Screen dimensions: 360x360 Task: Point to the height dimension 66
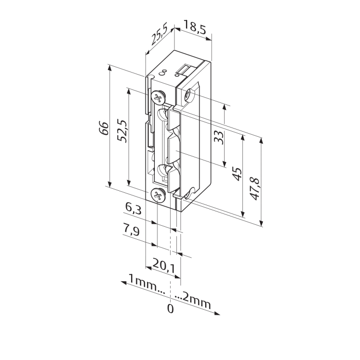point(103,127)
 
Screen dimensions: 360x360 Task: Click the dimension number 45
point(236,174)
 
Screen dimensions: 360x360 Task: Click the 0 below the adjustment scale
point(170,309)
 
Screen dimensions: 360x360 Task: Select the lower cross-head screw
point(158,195)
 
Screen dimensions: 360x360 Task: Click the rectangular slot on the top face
point(185,67)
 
